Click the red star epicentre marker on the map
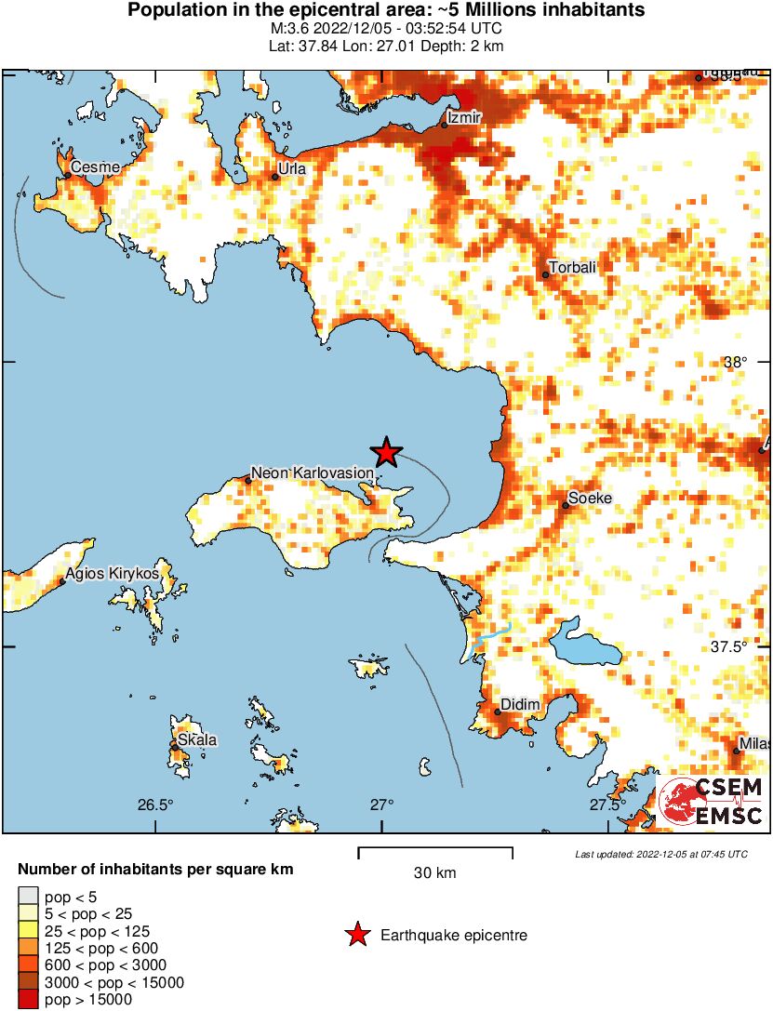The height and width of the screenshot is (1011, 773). (x=387, y=453)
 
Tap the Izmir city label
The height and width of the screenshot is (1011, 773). (x=463, y=118)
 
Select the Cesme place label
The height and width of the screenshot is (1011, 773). (x=96, y=167)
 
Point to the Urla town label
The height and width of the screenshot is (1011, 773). (x=293, y=169)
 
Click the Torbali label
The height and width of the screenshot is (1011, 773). (x=572, y=268)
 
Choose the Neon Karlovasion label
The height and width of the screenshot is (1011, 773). (x=313, y=473)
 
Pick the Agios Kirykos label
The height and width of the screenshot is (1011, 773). (x=112, y=573)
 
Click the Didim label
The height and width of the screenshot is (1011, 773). (x=520, y=705)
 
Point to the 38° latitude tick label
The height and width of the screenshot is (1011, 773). (x=735, y=363)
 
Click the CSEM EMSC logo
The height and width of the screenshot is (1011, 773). (x=711, y=802)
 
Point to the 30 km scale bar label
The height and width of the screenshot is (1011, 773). (x=434, y=872)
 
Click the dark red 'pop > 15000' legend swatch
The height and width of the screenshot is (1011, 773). (x=26, y=1000)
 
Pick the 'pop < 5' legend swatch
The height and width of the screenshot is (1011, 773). (x=26, y=896)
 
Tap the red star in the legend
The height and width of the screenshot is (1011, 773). (x=355, y=935)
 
